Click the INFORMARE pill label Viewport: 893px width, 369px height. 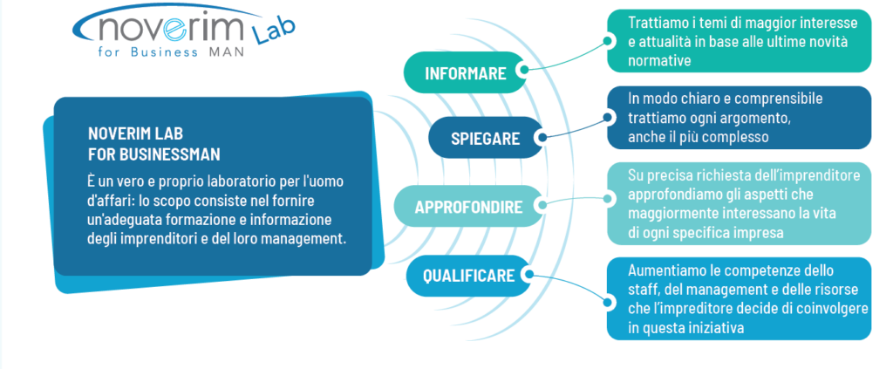466,73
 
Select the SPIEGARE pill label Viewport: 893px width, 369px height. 485,139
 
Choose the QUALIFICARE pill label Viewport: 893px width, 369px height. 468,277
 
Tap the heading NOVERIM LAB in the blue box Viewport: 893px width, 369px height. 135,134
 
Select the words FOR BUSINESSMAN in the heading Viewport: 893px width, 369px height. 154,154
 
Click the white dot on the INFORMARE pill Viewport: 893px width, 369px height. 522,71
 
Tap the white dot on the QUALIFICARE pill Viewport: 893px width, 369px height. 528,275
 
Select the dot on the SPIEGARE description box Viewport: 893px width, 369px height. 608,117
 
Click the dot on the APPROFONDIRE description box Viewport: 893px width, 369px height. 608,198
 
